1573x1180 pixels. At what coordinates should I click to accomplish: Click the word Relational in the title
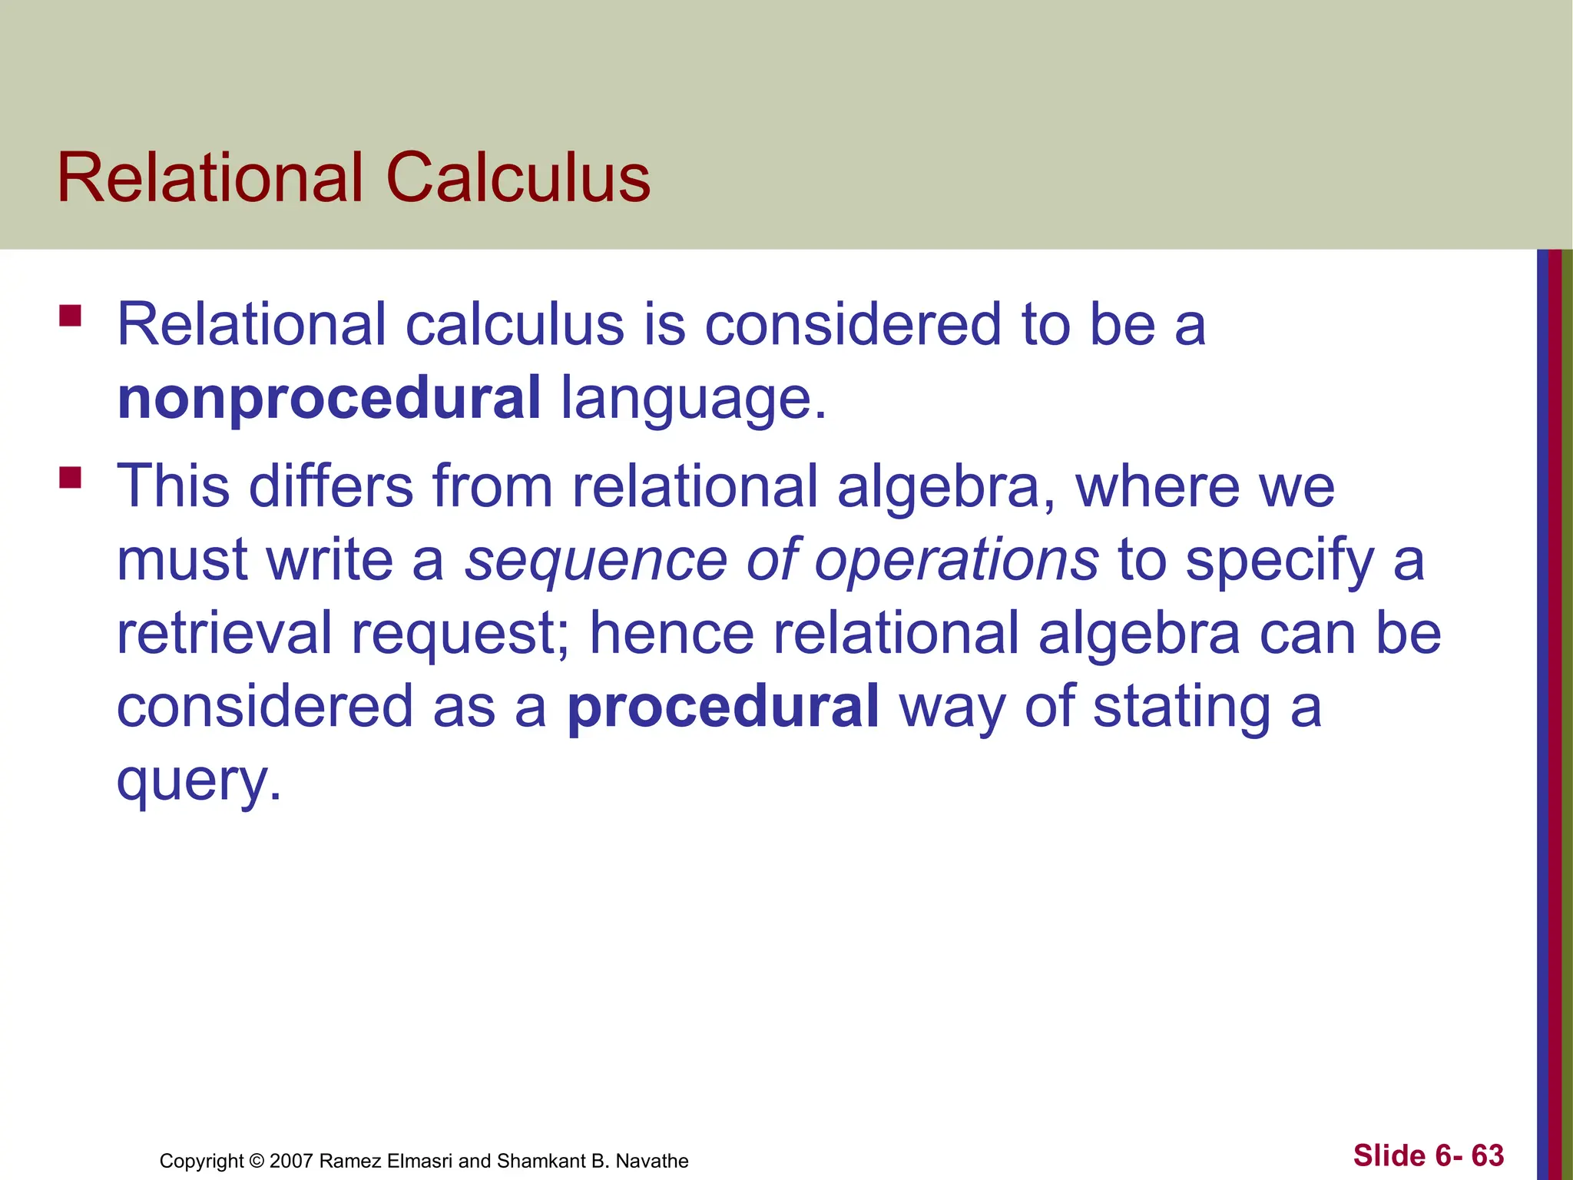click(210, 178)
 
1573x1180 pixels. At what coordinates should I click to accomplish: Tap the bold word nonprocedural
click(330, 399)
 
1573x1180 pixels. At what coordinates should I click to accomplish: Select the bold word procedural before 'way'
click(723, 707)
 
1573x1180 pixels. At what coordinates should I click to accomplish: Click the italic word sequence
click(596, 560)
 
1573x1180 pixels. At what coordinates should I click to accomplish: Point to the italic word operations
click(956, 560)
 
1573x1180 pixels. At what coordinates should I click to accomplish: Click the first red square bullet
click(71, 317)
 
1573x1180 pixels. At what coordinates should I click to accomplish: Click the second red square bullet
click(71, 478)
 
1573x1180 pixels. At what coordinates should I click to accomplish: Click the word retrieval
click(224, 634)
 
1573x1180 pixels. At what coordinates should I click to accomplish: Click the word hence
click(672, 634)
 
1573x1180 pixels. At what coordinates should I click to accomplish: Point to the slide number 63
click(1488, 1155)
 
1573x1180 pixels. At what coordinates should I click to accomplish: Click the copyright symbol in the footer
click(257, 1161)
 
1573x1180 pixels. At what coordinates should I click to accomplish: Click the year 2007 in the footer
click(290, 1161)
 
